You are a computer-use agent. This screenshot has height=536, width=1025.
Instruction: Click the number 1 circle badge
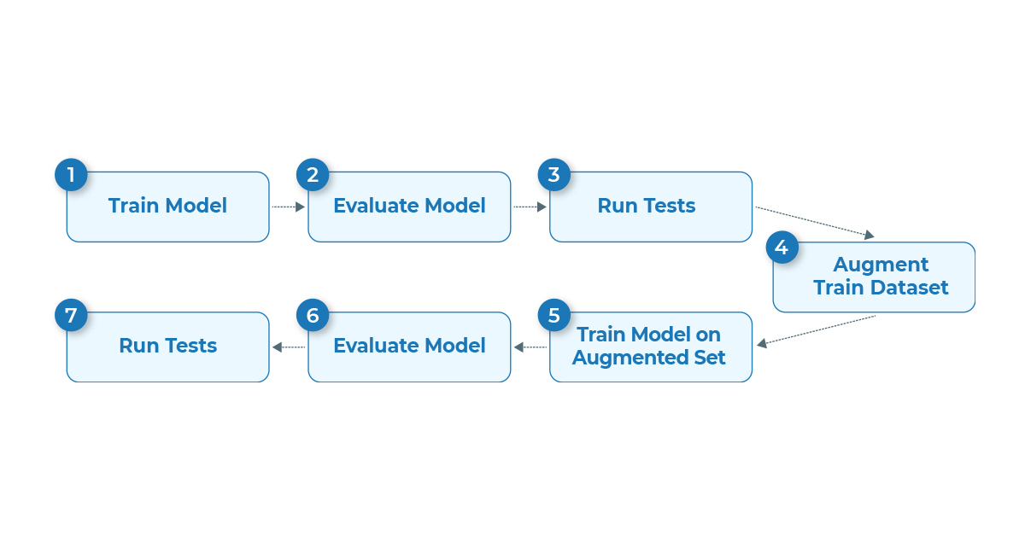click(71, 175)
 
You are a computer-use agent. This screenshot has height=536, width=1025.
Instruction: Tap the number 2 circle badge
click(313, 175)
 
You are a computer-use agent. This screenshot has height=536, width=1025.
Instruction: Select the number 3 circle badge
click(554, 175)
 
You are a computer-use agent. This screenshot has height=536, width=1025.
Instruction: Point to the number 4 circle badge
click(782, 248)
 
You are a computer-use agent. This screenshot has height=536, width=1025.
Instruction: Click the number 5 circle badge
click(554, 315)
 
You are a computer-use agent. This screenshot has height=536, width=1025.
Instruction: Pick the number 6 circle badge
click(313, 315)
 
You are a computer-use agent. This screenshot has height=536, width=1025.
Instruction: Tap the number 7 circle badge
click(71, 315)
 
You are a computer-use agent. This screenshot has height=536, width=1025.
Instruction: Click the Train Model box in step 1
click(168, 207)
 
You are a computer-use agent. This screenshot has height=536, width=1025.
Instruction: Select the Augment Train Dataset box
click(874, 277)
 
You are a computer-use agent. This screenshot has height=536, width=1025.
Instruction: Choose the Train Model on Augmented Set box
click(651, 347)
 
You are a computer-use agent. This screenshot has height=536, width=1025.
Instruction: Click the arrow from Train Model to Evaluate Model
click(289, 207)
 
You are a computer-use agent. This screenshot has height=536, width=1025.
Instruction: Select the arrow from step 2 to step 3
click(530, 207)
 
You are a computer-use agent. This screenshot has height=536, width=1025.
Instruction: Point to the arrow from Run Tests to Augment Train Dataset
click(815, 222)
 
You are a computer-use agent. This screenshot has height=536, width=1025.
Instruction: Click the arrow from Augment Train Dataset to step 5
click(816, 330)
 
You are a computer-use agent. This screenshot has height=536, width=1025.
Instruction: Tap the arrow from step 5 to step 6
click(530, 347)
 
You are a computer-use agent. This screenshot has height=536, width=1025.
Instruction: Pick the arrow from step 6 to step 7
click(289, 347)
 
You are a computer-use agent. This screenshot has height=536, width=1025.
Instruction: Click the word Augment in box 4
click(881, 265)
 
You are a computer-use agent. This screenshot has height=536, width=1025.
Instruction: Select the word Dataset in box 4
click(909, 288)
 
